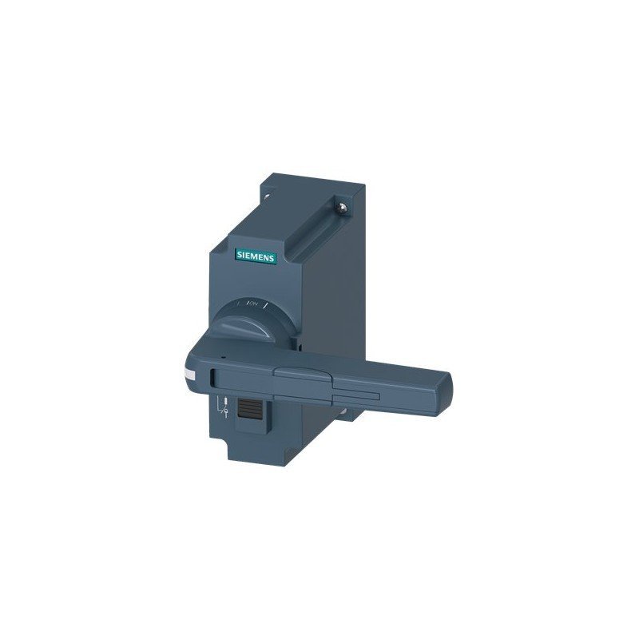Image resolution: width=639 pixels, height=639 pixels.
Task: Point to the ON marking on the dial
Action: coord(255,304)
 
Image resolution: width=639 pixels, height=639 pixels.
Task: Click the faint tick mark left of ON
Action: coord(244,304)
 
